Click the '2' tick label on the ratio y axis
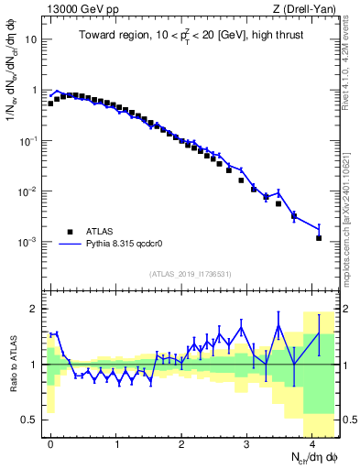point(36,309)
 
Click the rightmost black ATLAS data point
point(319,238)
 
